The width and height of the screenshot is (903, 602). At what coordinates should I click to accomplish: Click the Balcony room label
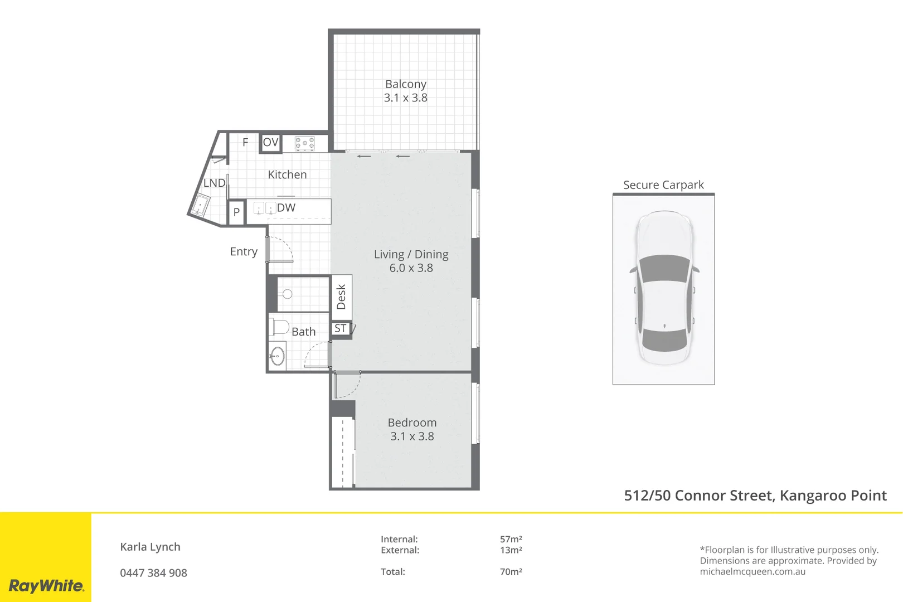(406, 84)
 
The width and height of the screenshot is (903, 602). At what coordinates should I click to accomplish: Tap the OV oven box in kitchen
(270, 143)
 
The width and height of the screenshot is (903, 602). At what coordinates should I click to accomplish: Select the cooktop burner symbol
(305, 144)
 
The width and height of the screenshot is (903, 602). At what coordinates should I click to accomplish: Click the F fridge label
(245, 143)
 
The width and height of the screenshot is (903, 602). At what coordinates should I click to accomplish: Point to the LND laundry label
(214, 183)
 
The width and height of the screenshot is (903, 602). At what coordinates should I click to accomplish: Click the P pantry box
(236, 212)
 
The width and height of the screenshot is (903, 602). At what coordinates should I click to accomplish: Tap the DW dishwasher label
(286, 208)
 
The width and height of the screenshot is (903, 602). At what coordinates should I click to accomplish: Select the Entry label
(244, 252)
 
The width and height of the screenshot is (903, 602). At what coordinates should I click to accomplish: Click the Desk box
(342, 297)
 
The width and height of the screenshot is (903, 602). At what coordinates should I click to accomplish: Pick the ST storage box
(341, 329)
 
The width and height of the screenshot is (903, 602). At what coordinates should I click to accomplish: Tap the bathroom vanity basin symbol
(277, 356)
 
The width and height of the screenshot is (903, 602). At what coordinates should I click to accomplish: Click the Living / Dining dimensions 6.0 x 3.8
(411, 268)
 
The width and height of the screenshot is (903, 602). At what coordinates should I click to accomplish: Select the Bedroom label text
(412, 423)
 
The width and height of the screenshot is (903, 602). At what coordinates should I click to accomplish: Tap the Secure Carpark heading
(663, 185)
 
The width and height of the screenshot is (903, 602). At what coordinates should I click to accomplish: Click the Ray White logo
(46, 586)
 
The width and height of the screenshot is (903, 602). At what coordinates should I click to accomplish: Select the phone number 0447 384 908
(153, 573)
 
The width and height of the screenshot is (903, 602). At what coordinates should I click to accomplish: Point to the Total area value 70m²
(511, 572)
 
